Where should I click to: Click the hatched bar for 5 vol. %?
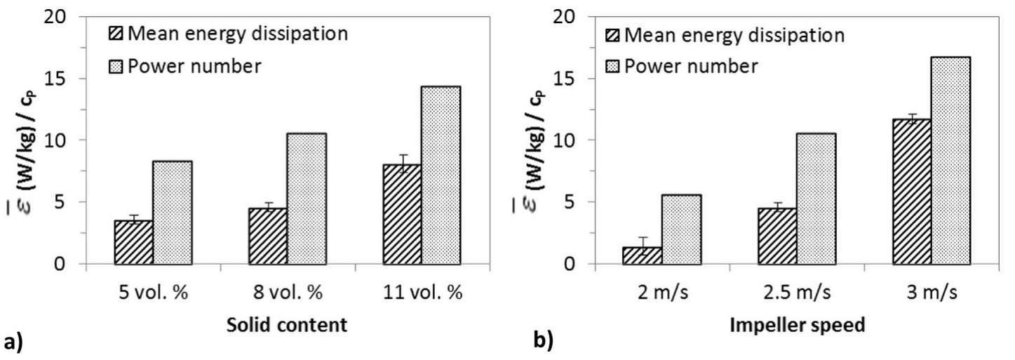133,242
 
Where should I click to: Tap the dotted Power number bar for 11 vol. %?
441,175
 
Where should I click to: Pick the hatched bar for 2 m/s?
642,255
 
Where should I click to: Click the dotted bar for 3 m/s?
951,161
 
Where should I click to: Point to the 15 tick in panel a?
63,79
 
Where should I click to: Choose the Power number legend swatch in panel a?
114,67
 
